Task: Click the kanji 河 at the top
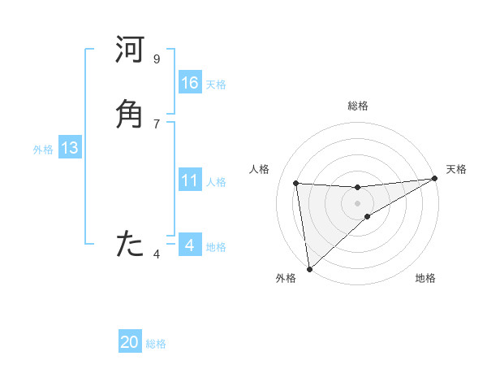(130, 51)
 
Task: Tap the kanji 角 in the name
(130, 114)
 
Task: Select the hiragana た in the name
(130, 243)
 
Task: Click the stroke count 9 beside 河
(157, 59)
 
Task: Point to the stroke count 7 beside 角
(157, 124)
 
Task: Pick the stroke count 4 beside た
(157, 254)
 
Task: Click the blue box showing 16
(190, 83)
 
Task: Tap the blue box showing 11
(190, 180)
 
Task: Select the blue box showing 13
(69, 148)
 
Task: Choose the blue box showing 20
(130, 342)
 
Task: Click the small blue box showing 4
(190, 245)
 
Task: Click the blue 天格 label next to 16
(216, 85)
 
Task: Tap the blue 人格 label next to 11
(216, 182)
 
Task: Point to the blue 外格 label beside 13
(43, 150)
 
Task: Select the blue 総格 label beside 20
(156, 344)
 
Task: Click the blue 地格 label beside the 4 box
(216, 247)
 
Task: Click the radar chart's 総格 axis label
(358, 106)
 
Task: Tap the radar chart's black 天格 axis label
(456, 169)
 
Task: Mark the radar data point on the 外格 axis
(308, 269)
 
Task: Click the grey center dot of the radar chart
(358, 203)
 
